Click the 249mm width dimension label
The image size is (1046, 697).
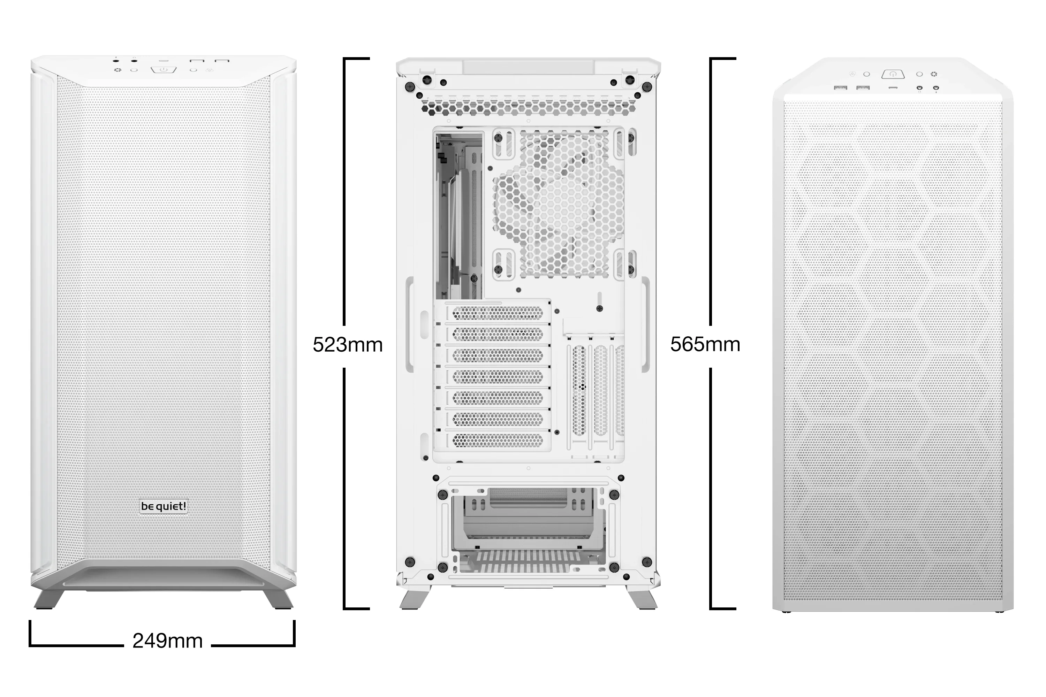(x=168, y=641)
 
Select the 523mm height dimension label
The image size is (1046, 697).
(x=347, y=345)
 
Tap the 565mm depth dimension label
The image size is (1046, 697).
(x=705, y=345)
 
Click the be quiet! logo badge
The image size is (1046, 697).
(x=164, y=506)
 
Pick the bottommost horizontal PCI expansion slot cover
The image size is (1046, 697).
(x=497, y=440)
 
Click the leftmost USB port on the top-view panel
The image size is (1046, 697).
(x=841, y=87)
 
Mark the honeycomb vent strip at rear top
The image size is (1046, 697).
(x=528, y=107)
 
